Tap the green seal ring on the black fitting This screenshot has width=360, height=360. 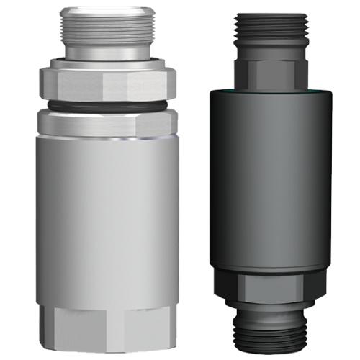273,91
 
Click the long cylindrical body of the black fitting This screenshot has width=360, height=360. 273,180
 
